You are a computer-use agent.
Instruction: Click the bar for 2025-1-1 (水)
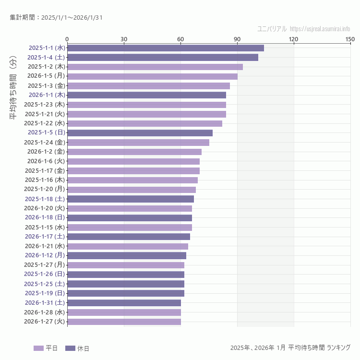pyautogui.click(x=166, y=48)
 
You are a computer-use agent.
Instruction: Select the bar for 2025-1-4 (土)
pyautogui.click(x=163, y=57)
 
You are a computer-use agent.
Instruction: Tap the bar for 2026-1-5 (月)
pyautogui.click(x=152, y=76)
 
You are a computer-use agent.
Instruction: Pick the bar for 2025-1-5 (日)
pyautogui.click(x=140, y=132)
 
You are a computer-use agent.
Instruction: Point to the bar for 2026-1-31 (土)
pyautogui.click(x=124, y=303)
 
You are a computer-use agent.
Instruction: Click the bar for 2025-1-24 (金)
pyautogui.click(x=138, y=142)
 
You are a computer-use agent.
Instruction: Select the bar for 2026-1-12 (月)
pyautogui.click(x=127, y=255)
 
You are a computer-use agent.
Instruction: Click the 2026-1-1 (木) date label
pyautogui.click(x=46, y=95)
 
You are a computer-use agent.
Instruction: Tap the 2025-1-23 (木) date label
pyautogui.click(x=45, y=104)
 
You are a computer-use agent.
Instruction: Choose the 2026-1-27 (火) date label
pyautogui.click(x=45, y=322)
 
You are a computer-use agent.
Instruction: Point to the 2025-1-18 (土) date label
pyautogui.click(x=45, y=199)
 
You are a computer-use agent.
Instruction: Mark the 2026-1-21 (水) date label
pyautogui.click(x=45, y=246)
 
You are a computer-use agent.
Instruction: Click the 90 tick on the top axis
pyautogui.click(x=237, y=39)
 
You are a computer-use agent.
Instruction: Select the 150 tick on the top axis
pyautogui.click(x=350, y=39)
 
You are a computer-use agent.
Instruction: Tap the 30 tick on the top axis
pyautogui.click(x=124, y=39)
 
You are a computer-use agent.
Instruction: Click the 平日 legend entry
pyautogui.click(x=46, y=348)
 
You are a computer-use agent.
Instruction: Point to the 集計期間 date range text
pyautogui.click(x=56, y=18)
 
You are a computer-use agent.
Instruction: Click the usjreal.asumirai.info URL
pyautogui.click(x=320, y=28)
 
